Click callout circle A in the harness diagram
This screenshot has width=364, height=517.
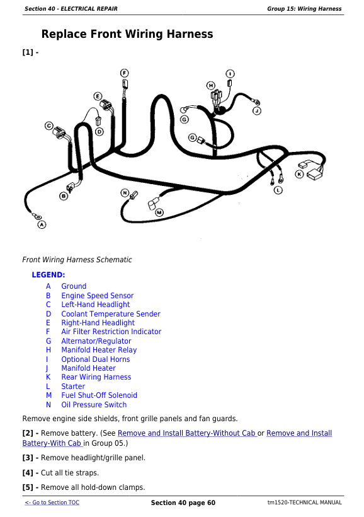coord(42,225)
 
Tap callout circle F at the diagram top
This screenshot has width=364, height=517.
coord(124,73)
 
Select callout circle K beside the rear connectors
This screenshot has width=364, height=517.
coord(299,174)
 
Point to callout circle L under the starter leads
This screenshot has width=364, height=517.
coord(278,190)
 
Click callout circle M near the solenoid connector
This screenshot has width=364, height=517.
coord(159,212)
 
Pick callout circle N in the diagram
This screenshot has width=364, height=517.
coord(125,193)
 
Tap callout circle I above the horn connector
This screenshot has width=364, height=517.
coord(230,74)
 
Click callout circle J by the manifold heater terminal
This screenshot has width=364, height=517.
coord(256,111)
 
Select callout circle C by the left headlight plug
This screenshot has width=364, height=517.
coord(49,125)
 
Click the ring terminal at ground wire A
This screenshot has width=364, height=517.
coord(37,217)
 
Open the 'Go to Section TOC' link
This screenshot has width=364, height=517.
coord(52,502)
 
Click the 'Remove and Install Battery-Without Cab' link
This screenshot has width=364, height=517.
coord(187,433)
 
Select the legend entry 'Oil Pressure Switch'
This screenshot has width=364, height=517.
coord(94,405)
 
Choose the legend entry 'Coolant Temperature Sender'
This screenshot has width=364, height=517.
coord(111,314)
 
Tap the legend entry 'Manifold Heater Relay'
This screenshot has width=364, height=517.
coord(99,350)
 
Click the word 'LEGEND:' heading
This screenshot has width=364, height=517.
coord(48,275)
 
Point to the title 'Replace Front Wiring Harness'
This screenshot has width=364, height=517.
coord(127,34)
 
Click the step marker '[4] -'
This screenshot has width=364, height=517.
coord(30,473)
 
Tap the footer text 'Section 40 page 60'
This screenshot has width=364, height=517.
coord(183,503)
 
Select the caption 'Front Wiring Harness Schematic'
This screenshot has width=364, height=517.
coord(77,260)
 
